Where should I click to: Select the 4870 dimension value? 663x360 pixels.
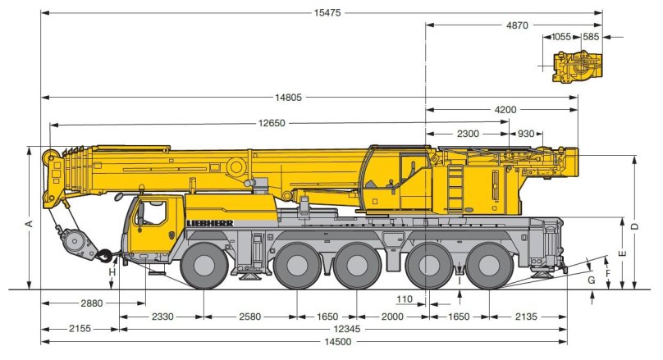[516, 25]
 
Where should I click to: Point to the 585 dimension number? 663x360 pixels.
[591, 37]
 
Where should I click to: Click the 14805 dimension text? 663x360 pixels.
[289, 98]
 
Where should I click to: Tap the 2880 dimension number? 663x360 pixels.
[92, 303]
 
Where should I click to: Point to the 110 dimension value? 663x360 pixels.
[403, 298]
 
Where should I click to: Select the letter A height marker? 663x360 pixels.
[28, 224]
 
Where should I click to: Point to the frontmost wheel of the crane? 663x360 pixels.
[203, 266]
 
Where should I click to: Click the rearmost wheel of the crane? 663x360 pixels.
[490, 266]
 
